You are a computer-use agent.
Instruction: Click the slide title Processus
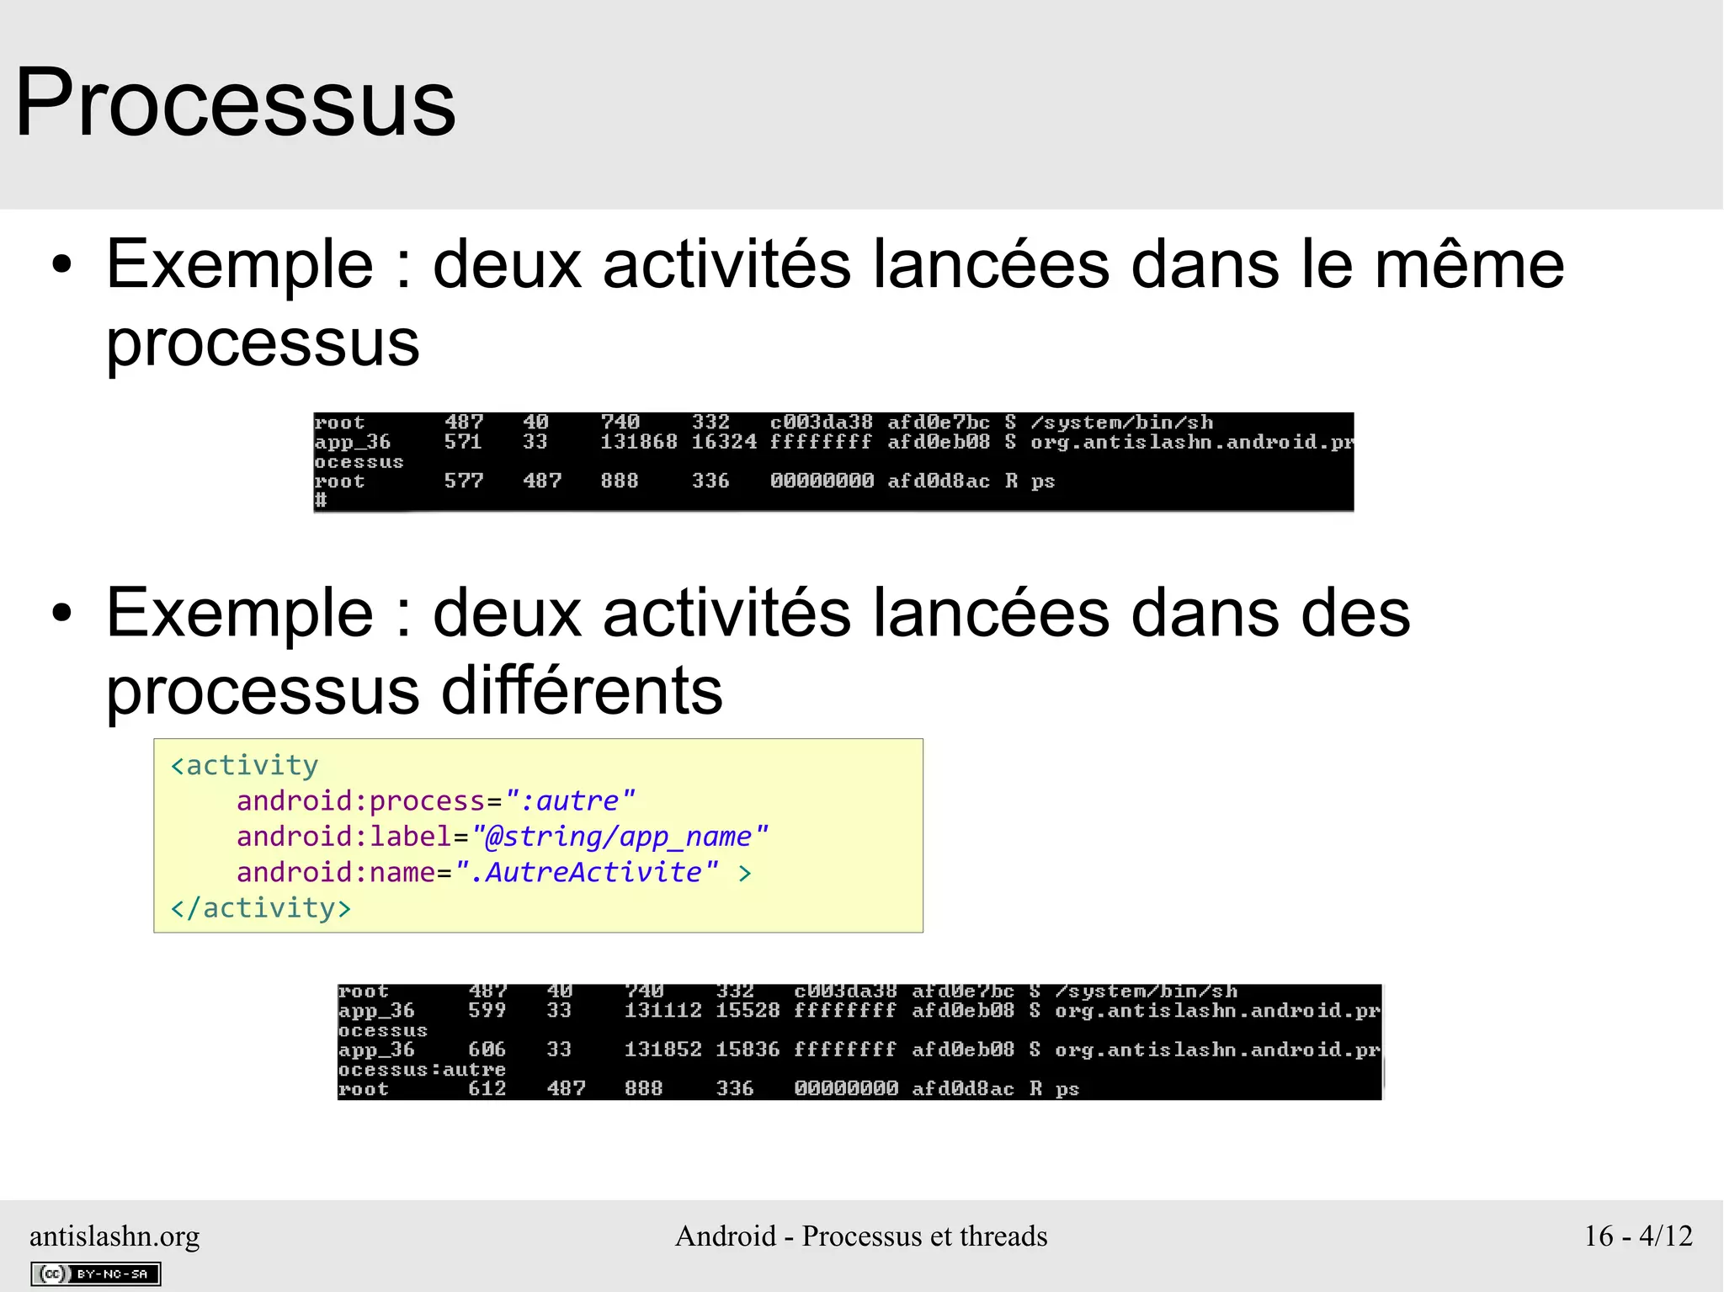coord(236,103)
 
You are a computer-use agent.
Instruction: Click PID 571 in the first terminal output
coord(463,442)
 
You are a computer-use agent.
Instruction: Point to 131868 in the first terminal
coord(638,442)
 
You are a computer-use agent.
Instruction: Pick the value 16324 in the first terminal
coord(724,442)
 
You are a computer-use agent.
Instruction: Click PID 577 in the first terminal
coord(463,481)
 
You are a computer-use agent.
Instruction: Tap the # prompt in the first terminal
coord(321,500)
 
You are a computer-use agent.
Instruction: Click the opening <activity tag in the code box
coord(244,765)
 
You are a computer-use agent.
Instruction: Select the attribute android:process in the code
coord(360,800)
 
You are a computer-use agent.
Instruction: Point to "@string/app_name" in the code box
coord(620,837)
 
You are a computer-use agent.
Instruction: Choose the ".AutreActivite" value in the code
coord(587,872)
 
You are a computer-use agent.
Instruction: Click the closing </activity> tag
coord(261,908)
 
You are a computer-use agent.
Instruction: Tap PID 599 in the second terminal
coord(487,1010)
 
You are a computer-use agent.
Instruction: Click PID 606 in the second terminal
coord(487,1050)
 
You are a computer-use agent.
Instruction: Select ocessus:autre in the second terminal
coord(422,1069)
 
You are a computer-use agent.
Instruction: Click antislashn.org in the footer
coord(114,1236)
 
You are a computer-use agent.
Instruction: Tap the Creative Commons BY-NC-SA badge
coord(96,1273)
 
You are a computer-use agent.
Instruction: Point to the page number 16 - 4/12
coord(1638,1236)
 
